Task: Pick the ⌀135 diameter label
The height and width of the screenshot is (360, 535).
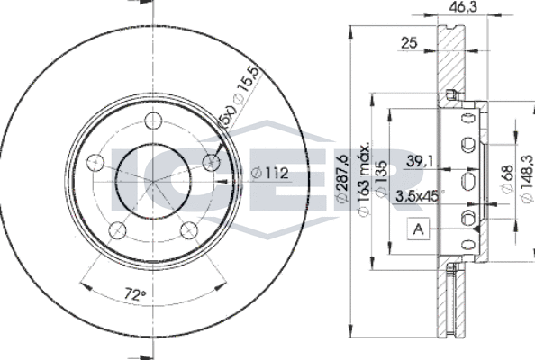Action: tap(381, 180)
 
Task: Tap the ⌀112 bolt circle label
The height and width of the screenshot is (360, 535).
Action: tap(268, 175)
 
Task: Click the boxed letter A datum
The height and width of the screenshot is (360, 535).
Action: tap(417, 230)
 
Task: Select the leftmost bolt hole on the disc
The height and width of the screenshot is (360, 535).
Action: tap(93, 163)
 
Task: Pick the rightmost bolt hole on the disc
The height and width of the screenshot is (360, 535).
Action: tap(213, 163)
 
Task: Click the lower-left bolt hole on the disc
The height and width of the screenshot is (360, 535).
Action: tap(115, 231)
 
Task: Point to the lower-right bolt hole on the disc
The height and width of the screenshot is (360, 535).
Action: tap(189, 231)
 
